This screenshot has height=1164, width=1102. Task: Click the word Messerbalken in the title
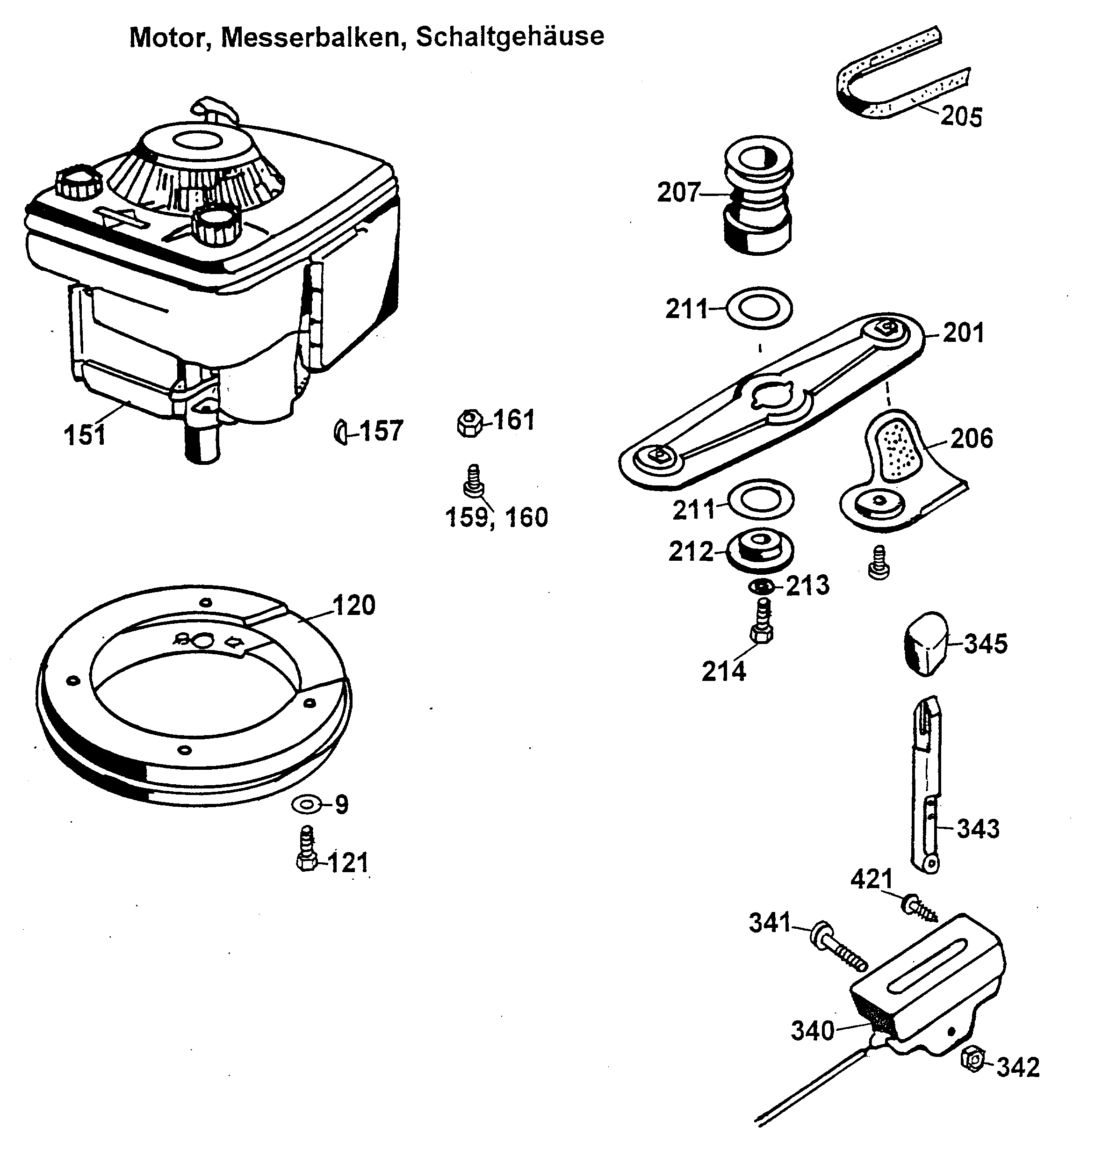313,37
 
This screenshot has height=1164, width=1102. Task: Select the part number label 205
961,116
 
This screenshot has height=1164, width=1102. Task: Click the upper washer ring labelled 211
759,308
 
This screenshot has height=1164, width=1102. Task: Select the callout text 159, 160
497,518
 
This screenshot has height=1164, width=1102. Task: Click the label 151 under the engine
85,436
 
